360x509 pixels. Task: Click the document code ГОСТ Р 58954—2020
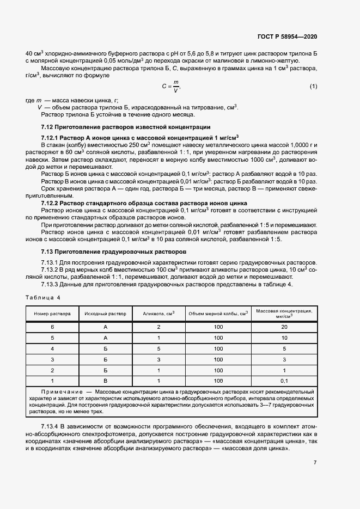click(286, 36)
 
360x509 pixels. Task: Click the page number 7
click(315, 463)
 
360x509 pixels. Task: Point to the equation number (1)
click(313, 87)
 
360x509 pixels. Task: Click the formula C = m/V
click(170, 86)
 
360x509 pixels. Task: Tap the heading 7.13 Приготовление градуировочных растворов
click(114, 252)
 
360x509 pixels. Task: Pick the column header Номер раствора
click(52, 314)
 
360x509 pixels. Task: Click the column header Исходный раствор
click(106, 314)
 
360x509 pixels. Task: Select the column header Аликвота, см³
click(158, 314)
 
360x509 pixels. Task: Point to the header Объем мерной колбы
click(218, 314)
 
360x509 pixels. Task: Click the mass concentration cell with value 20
click(284, 327)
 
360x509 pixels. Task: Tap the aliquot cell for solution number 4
click(158, 348)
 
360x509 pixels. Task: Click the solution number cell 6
click(52, 327)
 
